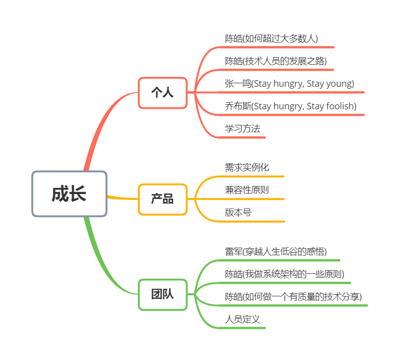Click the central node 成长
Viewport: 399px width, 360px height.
[x=69, y=194]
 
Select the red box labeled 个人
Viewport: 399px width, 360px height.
[x=163, y=93]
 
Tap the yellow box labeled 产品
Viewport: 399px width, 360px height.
[x=163, y=199]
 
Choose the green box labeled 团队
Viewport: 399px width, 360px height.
[x=163, y=295]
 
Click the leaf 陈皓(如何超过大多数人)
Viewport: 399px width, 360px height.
[x=271, y=39]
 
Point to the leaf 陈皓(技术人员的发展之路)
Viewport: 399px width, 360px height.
[x=276, y=61]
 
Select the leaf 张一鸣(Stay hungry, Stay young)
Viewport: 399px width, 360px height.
[x=290, y=84]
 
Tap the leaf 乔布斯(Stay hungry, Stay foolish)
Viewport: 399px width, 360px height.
[x=291, y=106]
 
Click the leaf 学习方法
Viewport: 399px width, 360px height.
[x=243, y=128]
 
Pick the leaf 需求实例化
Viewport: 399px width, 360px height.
[x=247, y=167]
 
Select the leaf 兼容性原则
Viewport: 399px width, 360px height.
[x=247, y=190]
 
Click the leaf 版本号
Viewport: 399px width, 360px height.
[x=238, y=212]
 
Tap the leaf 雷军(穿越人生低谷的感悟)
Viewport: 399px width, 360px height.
[x=276, y=252]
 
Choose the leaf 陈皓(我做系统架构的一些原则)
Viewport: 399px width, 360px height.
[x=285, y=274]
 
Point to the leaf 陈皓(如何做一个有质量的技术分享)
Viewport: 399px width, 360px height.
[x=293, y=297]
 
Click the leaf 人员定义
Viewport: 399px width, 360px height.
[x=243, y=319]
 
